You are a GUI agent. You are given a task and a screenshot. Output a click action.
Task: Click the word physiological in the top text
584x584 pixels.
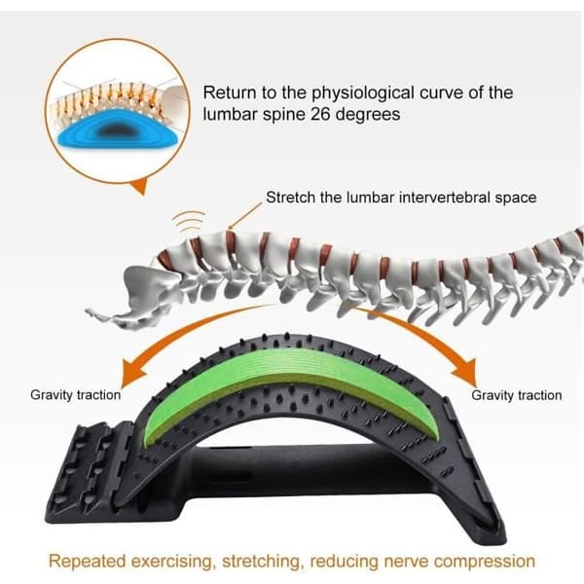coord(363,93)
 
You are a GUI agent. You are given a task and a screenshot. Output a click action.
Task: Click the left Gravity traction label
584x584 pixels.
coord(76,395)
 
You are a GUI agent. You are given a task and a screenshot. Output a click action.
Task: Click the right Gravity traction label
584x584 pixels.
coord(517,395)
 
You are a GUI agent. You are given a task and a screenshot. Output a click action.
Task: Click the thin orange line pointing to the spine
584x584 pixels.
coord(245,216)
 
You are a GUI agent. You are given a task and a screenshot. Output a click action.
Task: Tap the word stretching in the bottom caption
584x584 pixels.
coord(261,562)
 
